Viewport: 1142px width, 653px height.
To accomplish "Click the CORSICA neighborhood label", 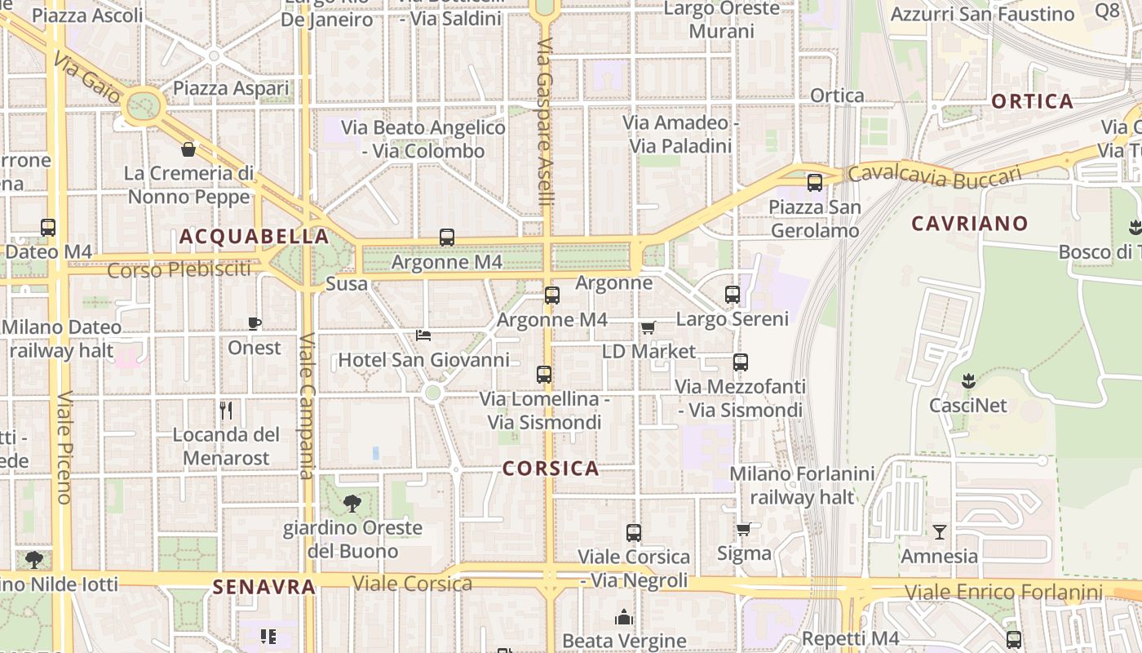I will click(551, 469).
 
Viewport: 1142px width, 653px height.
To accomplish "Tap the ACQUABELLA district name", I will click(254, 237).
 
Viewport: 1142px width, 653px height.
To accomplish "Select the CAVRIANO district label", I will click(969, 223).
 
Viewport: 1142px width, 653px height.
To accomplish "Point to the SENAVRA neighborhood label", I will click(263, 586).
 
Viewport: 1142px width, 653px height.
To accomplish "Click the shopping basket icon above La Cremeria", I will click(188, 149).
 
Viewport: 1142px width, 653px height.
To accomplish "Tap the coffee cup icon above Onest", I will click(255, 323).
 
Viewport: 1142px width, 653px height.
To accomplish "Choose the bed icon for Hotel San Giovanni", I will click(423, 335).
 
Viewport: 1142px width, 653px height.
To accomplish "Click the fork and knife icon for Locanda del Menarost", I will click(226, 410).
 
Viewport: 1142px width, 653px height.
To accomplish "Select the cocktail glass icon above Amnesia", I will click(940, 532).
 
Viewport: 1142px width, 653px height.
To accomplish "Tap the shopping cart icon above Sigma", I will click(743, 530).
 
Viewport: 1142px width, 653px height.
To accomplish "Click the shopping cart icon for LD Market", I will click(648, 327).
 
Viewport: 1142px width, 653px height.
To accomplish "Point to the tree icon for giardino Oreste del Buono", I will click(352, 503).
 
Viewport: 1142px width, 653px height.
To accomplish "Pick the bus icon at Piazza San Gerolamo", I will click(814, 183).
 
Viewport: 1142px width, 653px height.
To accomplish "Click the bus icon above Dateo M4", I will click(48, 228).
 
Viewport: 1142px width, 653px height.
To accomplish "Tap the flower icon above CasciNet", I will click(968, 380).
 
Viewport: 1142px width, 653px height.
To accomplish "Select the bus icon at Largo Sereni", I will click(733, 295).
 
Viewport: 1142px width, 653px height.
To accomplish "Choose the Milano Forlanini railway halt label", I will click(802, 485).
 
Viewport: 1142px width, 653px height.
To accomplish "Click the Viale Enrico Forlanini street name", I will click(1003, 592).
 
